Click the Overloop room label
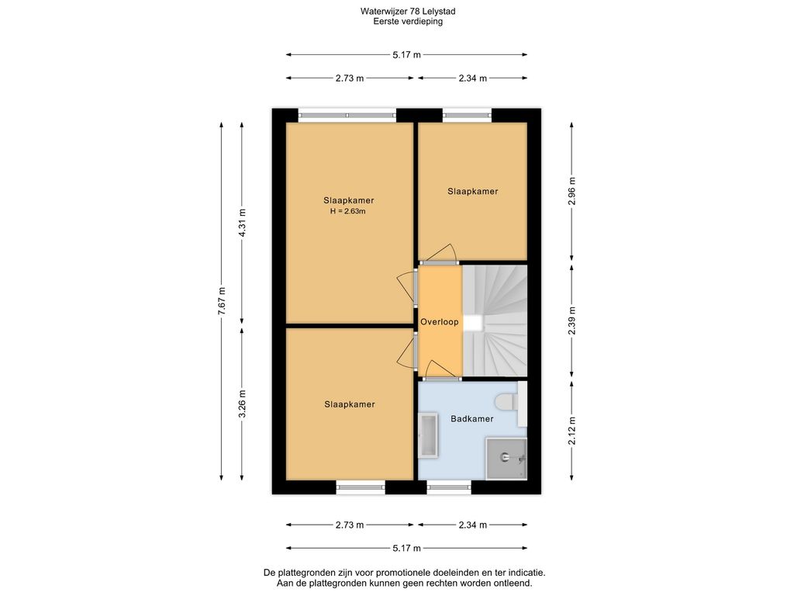click(439, 322)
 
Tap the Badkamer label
click(472, 418)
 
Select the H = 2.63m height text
click(348, 211)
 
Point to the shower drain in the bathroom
click(505, 457)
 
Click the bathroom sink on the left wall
click(428, 436)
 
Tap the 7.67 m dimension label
click(221, 301)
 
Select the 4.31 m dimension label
click(242, 223)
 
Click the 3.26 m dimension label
click(242, 404)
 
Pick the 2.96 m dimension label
click(571, 191)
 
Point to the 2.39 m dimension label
click(571, 321)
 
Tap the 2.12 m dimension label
click(571, 431)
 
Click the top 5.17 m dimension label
click(406, 55)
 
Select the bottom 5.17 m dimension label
click(406, 548)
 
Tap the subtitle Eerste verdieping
click(408, 21)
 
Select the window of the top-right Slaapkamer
click(468, 116)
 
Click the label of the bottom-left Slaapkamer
click(350, 404)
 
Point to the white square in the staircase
click(474, 323)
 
